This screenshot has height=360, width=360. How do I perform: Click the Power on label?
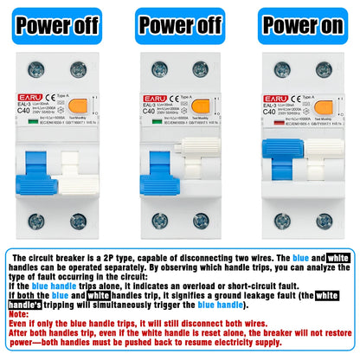303,25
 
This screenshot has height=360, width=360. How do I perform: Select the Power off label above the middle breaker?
179,25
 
